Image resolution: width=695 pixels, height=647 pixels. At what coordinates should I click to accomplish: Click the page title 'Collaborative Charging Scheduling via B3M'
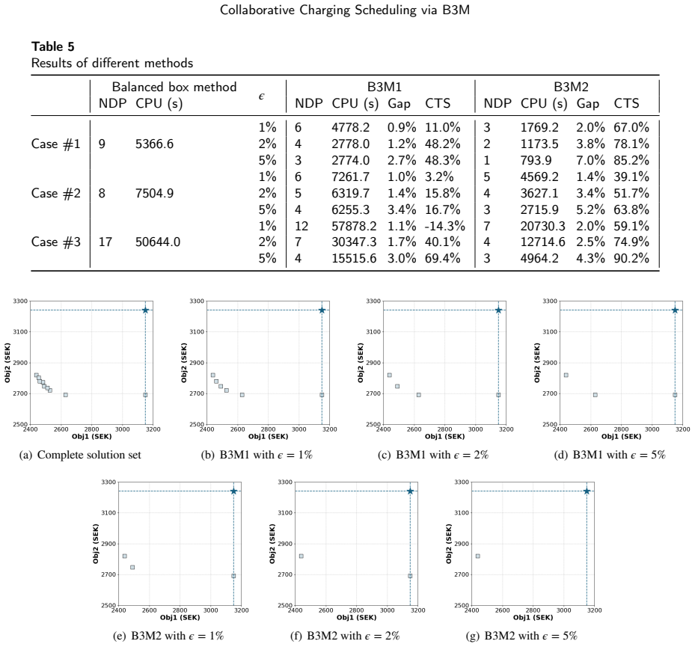pos(344,10)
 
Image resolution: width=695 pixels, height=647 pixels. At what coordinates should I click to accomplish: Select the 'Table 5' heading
pos(53,46)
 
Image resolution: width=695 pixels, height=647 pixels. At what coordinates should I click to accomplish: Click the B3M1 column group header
pos(385,87)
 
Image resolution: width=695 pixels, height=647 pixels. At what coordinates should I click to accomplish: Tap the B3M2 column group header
pos(571,87)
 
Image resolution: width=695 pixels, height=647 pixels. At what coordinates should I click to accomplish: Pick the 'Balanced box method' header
pos(174,87)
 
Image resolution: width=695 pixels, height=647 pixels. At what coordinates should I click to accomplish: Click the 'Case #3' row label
pos(56,242)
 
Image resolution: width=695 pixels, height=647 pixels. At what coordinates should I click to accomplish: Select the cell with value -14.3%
pos(444,226)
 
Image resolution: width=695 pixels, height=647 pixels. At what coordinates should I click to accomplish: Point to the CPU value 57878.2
pos(354,226)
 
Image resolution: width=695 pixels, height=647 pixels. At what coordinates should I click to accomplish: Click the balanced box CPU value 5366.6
pos(154,144)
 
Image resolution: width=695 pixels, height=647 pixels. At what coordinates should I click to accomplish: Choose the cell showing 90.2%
pos(631,258)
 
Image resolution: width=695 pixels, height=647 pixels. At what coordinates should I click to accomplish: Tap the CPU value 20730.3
pos(542,226)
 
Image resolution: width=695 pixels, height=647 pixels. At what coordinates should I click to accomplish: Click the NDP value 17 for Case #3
pos(105,242)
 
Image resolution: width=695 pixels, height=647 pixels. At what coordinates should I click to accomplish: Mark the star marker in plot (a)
pos(145,310)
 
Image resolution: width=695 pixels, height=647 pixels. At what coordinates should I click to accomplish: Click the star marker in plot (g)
pos(587,491)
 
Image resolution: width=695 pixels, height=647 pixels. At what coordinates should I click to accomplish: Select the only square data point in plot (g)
pos(478,556)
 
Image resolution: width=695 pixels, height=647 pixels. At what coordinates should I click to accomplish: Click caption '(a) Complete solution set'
pos(80,455)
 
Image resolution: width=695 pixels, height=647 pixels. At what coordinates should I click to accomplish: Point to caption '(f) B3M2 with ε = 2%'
pos(345,636)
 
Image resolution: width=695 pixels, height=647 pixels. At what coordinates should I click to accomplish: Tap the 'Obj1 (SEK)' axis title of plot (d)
pos(621,437)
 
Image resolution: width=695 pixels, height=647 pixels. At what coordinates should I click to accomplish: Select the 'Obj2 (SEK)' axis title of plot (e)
pos(96,544)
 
